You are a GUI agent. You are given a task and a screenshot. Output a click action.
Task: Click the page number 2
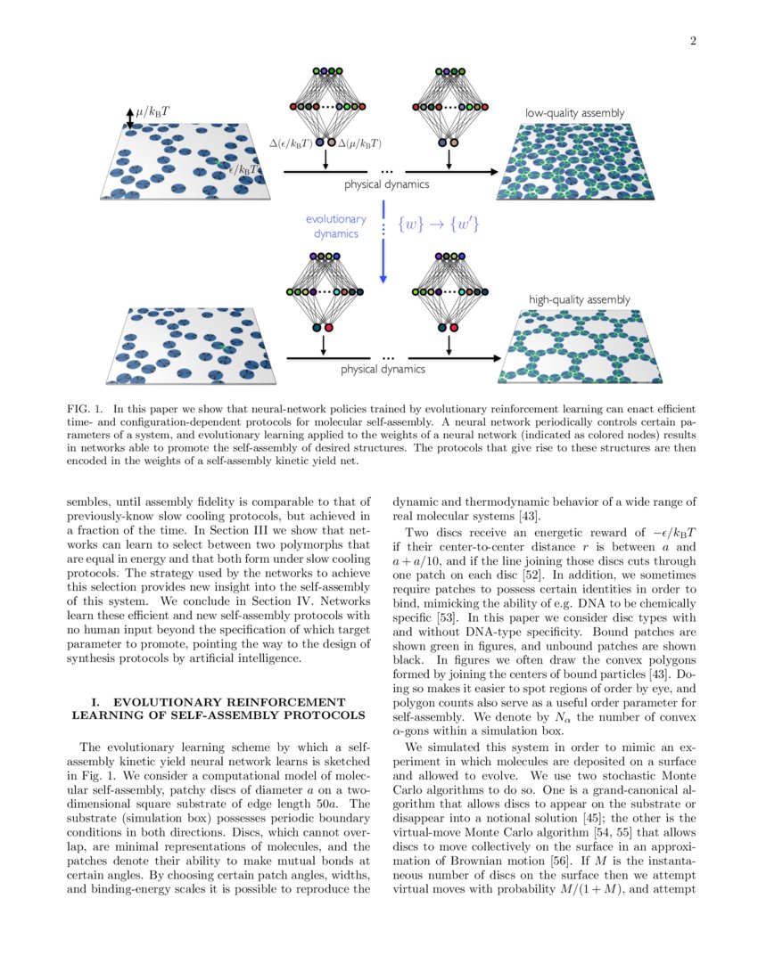tap(693, 41)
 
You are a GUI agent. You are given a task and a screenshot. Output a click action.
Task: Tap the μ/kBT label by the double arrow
tap(153, 112)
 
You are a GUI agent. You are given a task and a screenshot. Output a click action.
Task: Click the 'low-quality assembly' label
tap(574, 113)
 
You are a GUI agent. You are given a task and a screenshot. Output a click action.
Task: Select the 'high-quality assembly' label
tap(580, 299)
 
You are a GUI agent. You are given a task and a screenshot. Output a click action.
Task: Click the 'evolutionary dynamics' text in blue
tap(335, 226)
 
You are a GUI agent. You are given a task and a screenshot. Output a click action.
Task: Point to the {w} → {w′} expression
tap(439, 225)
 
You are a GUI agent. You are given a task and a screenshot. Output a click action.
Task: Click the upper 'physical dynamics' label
tap(386, 184)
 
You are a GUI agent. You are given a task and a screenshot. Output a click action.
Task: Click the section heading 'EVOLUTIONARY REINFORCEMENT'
tap(218, 702)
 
